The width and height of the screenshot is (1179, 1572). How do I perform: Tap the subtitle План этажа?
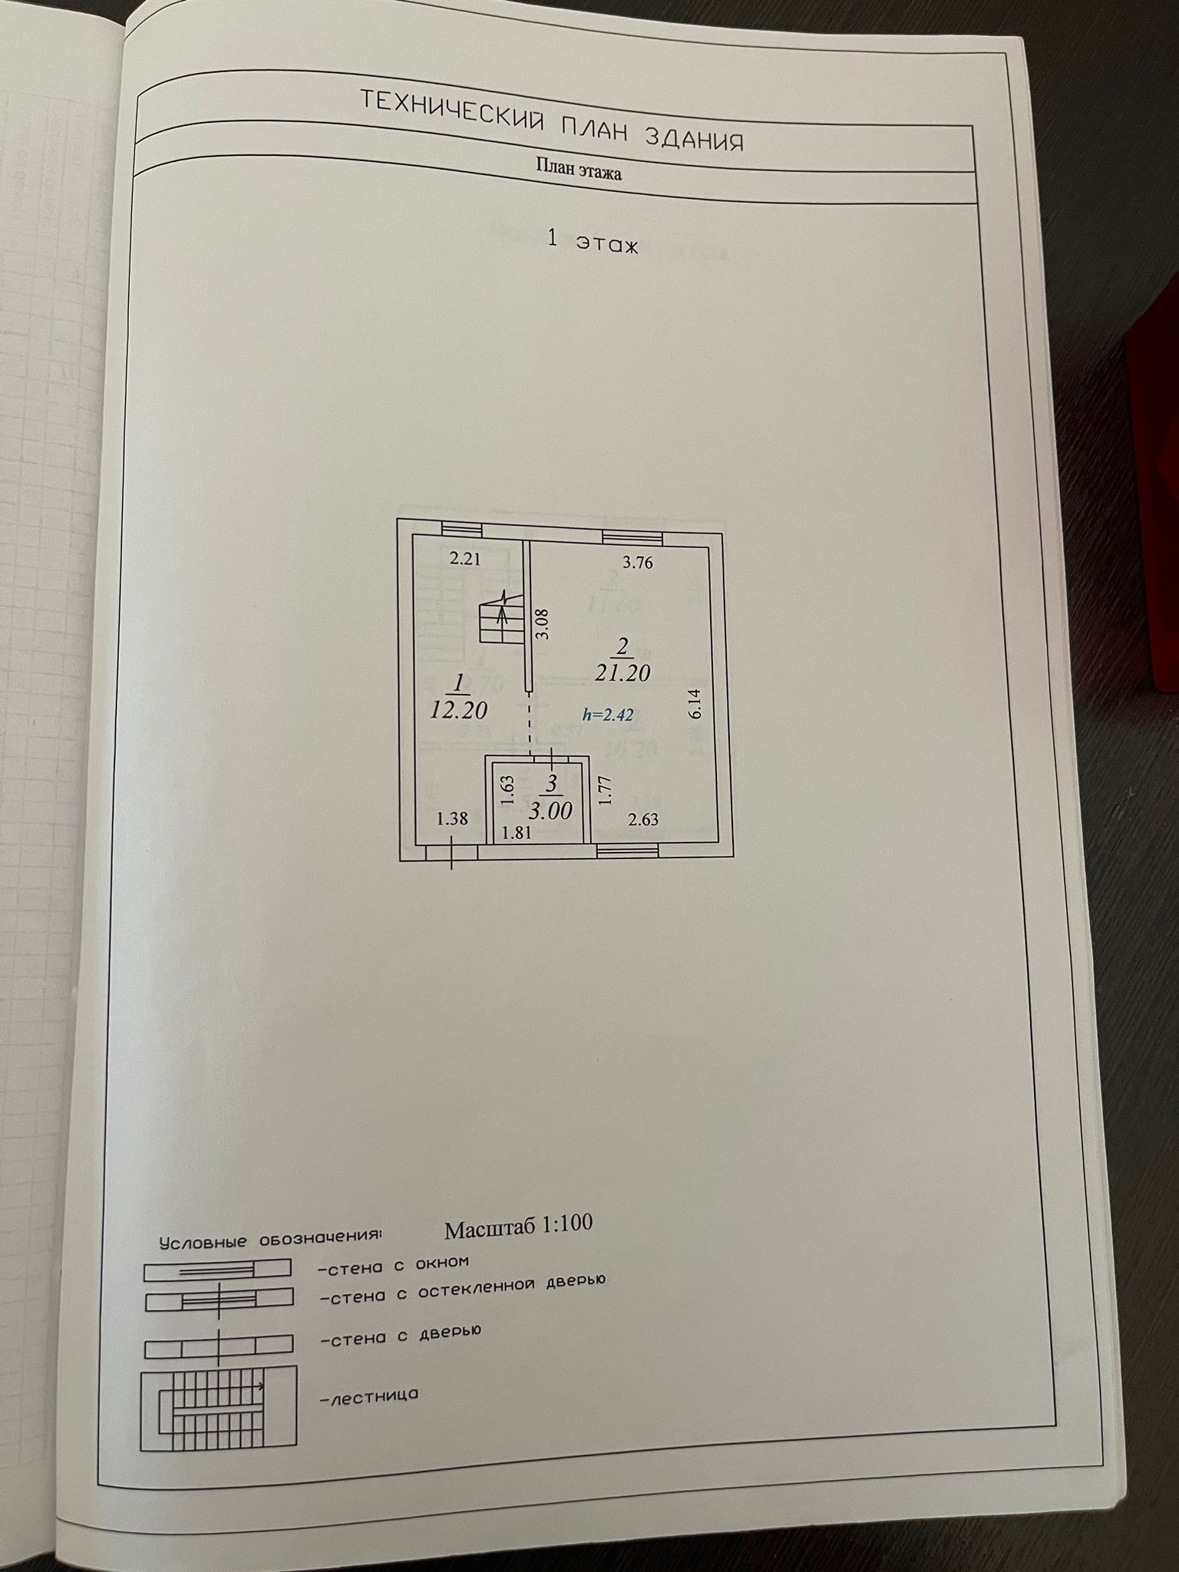pyautogui.click(x=578, y=169)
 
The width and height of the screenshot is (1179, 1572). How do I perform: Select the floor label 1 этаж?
pyautogui.click(x=592, y=242)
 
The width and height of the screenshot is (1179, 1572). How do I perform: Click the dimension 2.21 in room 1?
pyautogui.click(x=464, y=559)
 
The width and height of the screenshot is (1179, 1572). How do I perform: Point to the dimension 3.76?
pyautogui.click(x=637, y=563)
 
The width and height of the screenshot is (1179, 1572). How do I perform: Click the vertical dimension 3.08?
pyautogui.click(x=543, y=624)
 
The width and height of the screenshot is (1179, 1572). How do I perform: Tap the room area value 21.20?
pyautogui.click(x=623, y=673)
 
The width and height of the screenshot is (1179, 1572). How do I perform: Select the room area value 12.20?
pyautogui.click(x=458, y=709)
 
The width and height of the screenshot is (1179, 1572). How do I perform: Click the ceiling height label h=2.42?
pyautogui.click(x=608, y=715)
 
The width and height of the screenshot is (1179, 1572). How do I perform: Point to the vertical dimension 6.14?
pyautogui.click(x=695, y=703)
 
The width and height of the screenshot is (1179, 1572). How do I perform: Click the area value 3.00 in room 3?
pyautogui.click(x=550, y=811)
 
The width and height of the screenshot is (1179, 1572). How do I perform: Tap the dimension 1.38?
pyautogui.click(x=451, y=819)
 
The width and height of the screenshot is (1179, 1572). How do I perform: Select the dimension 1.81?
pyautogui.click(x=517, y=832)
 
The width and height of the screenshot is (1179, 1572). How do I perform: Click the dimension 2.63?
pyautogui.click(x=643, y=821)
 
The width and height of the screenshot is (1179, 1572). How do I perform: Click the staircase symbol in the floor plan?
pyautogui.click(x=497, y=619)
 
